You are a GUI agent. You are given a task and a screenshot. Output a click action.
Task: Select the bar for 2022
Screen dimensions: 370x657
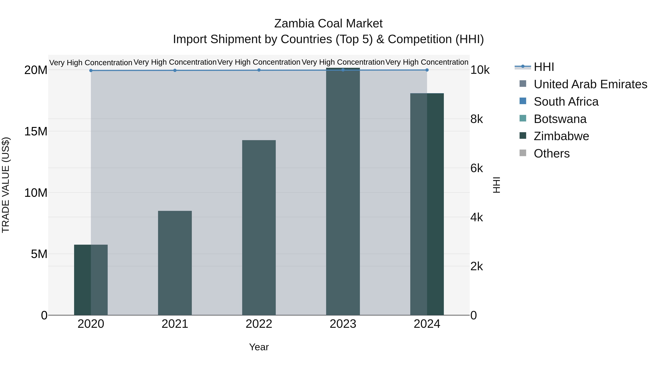(x=259, y=227)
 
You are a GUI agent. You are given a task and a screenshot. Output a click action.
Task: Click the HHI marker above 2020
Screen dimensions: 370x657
(x=91, y=71)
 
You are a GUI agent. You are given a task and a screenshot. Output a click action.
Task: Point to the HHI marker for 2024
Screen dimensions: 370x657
(x=427, y=70)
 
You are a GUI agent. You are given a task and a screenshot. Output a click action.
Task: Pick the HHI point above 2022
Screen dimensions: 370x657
(x=259, y=70)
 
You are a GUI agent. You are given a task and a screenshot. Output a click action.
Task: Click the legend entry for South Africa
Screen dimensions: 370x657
(x=566, y=102)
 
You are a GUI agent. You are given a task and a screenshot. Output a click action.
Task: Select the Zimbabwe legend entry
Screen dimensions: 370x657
(x=561, y=136)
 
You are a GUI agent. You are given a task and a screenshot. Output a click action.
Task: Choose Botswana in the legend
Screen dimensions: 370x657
(x=560, y=119)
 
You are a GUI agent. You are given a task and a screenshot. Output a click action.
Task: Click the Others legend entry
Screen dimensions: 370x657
(x=551, y=153)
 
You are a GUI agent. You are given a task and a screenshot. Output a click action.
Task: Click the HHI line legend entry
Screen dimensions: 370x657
(x=543, y=67)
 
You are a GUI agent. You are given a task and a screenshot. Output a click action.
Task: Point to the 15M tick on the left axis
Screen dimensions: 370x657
(x=36, y=132)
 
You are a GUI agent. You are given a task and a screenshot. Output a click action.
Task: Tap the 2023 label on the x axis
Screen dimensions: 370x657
(x=343, y=324)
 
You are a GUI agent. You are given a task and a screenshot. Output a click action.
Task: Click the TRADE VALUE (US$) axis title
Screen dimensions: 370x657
(x=6, y=185)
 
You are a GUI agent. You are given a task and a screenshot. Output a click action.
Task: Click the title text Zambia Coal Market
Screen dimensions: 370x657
(x=328, y=24)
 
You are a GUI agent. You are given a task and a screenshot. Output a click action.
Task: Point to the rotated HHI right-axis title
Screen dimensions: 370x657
(x=496, y=185)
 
